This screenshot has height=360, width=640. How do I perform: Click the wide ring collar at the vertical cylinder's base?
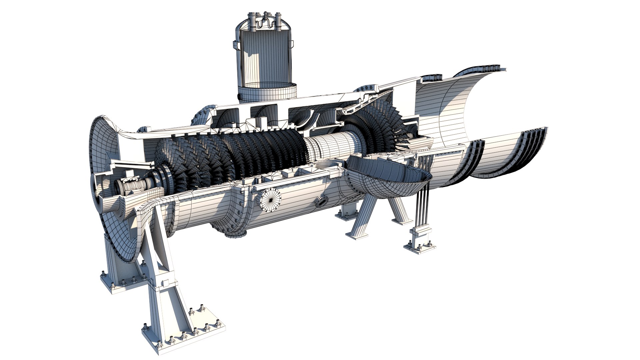(x=267, y=92)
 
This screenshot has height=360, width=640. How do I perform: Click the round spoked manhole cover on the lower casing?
(x=270, y=201)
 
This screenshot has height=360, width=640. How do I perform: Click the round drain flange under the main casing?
(x=235, y=233)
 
